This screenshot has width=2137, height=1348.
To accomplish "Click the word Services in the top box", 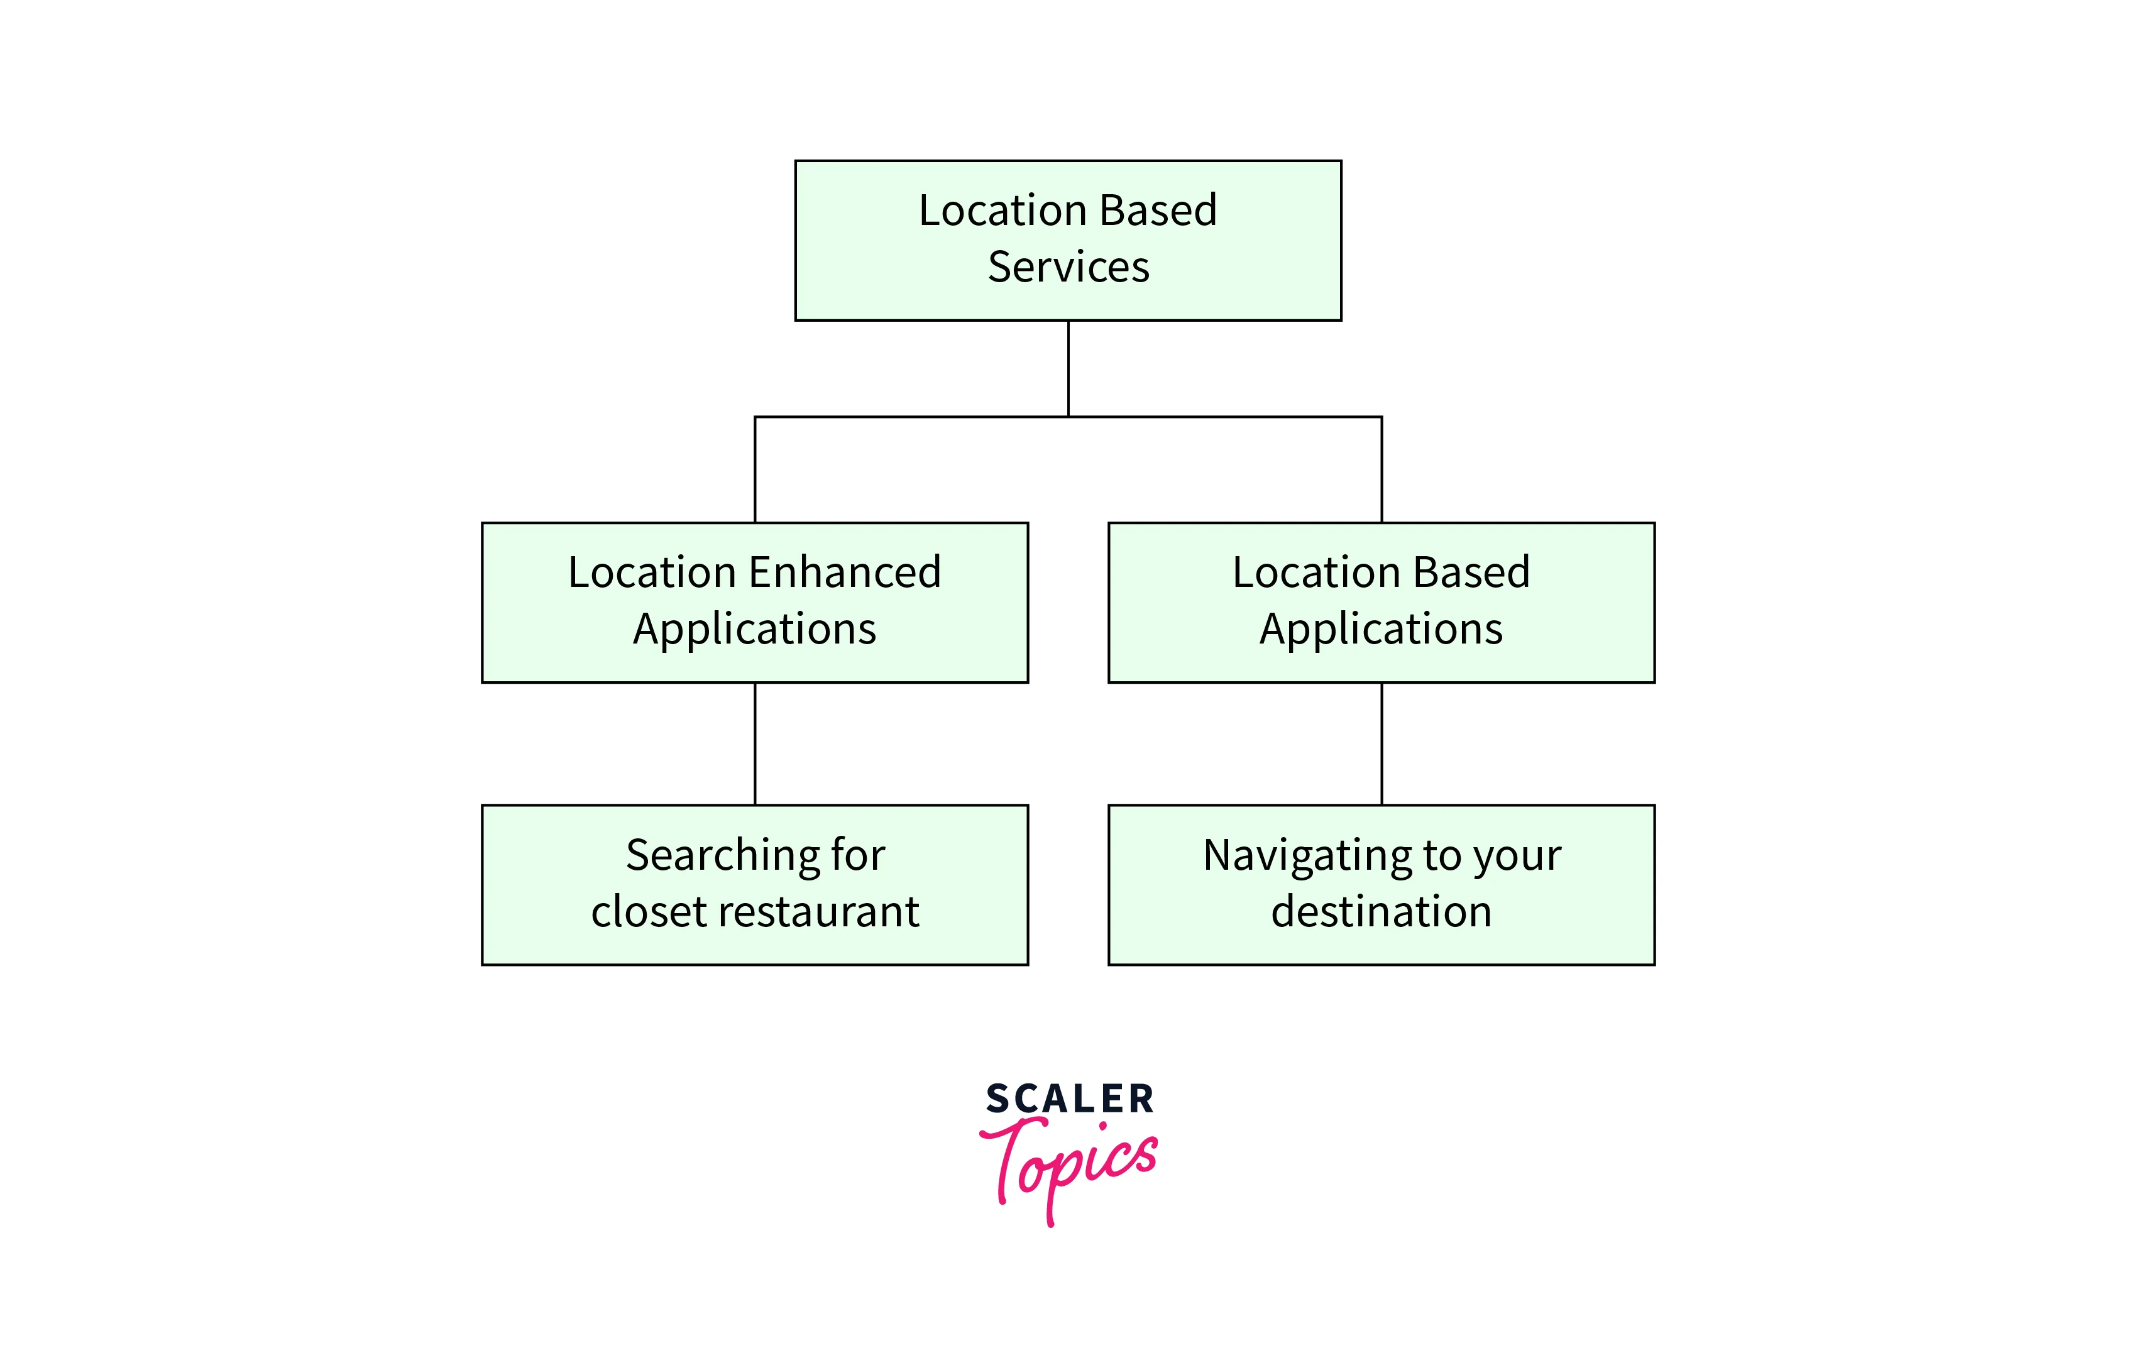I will click(1068, 266).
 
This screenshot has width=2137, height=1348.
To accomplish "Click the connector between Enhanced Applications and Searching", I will click(755, 743).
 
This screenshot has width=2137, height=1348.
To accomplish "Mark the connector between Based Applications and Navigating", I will click(1382, 743).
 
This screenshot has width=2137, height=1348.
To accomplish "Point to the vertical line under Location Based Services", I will click(1068, 368).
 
